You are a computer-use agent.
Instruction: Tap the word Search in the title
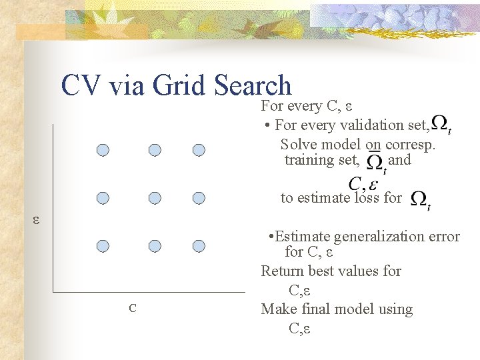tap(253, 87)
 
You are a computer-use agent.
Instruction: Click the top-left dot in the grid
tap(103, 150)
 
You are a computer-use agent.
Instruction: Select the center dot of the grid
tap(155, 198)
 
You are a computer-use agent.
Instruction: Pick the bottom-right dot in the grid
tap(199, 246)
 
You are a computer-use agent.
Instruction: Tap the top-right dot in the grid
tap(199, 150)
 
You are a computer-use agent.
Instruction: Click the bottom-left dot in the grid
tap(103, 246)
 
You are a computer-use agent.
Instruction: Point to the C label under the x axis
tap(133, 308)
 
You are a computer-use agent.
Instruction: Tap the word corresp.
tap(411, 144)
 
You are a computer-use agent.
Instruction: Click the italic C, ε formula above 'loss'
tap(363, 183)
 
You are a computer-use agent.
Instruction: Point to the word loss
tap(366, 197)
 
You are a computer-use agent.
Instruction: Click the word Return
tap(283, 271)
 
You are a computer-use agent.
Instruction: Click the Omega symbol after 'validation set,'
tap(440, 123)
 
